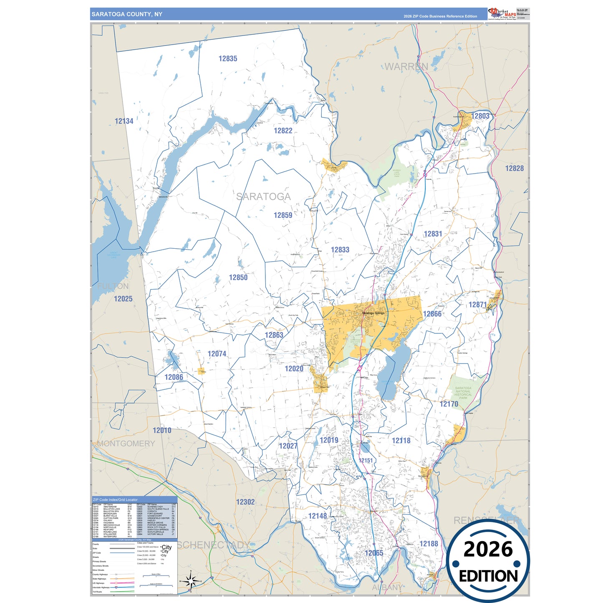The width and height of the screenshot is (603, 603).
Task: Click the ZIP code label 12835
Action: (x=228, y=59)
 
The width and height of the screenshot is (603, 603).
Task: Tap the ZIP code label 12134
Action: (x=124, y=121)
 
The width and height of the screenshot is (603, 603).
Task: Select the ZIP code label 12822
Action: (x=283, y=131)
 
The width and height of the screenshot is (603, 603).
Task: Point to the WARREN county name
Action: (x=406, y=67)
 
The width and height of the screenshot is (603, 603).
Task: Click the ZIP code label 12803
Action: (x=480, y=116)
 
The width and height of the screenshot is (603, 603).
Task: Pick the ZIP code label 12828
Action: (x=514, y=169)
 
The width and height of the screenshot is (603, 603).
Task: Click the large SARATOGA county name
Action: (x=263, y=197)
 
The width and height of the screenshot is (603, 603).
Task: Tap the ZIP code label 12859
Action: (x=283, y=215)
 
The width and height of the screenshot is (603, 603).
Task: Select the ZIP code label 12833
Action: (x=340, y=250)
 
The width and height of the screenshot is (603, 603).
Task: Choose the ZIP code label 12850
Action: (x=238, y=278)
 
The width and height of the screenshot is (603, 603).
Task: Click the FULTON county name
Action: (x=113, y=286)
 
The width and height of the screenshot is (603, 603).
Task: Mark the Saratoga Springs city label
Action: (x=373, y=313)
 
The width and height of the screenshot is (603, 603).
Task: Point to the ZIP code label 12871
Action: (x=477, y=305)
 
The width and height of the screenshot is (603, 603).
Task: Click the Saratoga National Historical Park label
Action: (x=463, y=393)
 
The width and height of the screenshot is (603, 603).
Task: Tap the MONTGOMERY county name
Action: (x=126, y=444)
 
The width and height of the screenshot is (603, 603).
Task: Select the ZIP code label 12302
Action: (x=245, y=502)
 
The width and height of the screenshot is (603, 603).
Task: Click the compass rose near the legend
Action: (x=190, y=580)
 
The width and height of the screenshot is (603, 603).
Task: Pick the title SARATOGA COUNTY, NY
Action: (x=127, y=14)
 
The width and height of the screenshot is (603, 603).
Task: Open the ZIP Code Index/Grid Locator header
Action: (x=115, y=500)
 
